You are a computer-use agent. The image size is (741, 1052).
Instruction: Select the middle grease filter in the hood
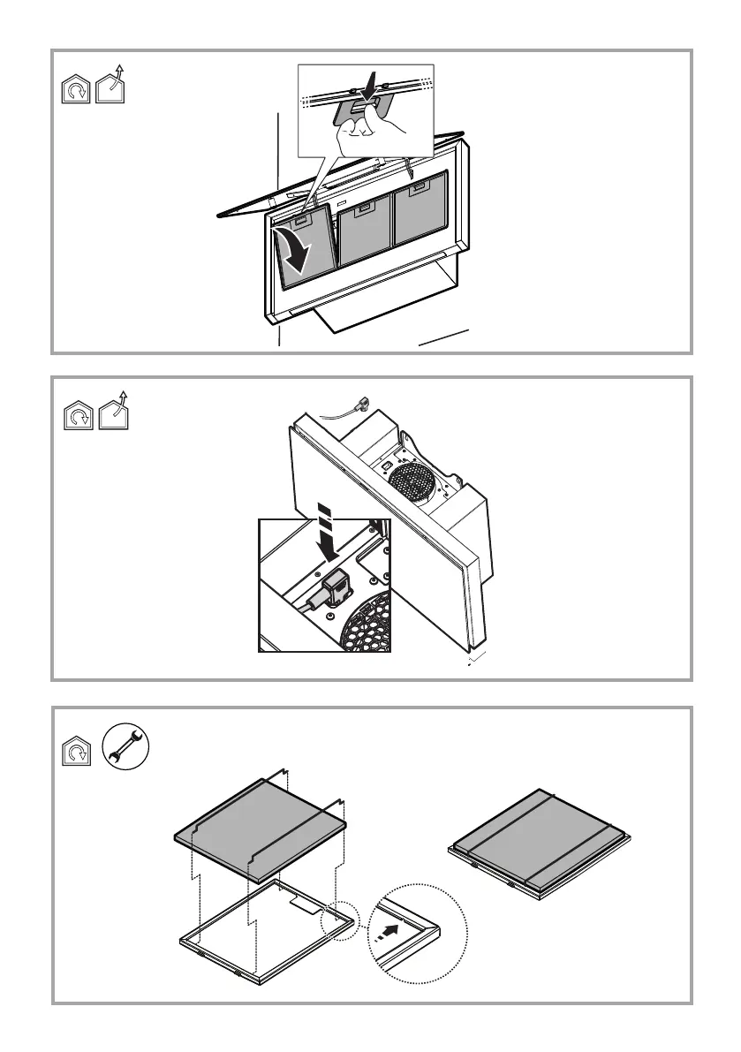point(365,232)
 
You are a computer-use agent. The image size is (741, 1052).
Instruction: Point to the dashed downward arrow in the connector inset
point(327,534)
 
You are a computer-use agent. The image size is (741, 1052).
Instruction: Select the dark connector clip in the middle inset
point(336,587)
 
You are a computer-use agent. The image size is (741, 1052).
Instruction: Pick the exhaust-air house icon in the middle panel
point(112,412)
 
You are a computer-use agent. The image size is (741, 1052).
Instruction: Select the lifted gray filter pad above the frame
point(259,829)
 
